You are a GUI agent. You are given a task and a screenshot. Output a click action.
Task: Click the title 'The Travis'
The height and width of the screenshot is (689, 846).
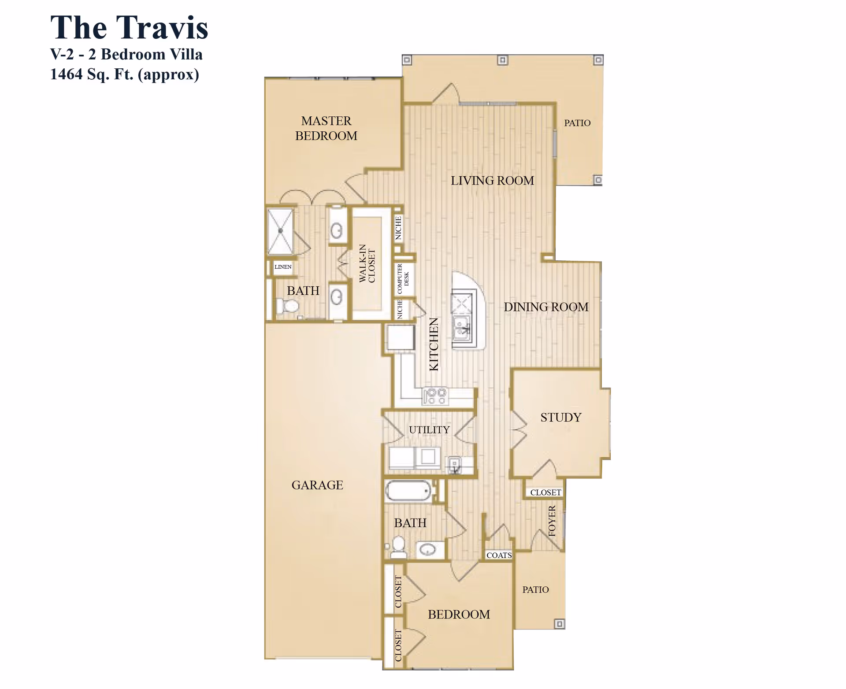click(129, 27)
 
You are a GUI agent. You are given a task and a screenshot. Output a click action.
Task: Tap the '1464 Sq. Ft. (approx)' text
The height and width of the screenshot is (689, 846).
click(124, 74)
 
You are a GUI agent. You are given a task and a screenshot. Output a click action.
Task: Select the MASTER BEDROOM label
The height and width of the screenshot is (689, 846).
click(326, 128)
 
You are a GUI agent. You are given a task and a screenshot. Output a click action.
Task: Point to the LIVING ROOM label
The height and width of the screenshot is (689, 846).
click(492, 181)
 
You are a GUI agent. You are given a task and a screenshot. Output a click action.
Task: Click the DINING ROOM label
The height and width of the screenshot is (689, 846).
click(546, 307)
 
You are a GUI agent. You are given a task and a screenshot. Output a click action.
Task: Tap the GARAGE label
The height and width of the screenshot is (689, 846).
click(317, 485)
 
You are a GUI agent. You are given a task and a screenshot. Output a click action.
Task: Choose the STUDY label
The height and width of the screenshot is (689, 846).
click(561, 417)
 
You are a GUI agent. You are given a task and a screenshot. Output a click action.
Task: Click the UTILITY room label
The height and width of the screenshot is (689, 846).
click(429, 430)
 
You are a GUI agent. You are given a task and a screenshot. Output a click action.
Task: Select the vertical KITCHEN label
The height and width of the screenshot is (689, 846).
click(434, 344)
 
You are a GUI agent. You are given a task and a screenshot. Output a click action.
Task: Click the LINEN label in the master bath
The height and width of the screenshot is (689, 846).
click(283, 267)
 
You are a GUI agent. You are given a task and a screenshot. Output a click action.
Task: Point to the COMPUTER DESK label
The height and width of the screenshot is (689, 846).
click(403, 278)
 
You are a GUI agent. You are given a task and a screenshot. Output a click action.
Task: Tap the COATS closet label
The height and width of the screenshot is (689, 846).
click(499, 555)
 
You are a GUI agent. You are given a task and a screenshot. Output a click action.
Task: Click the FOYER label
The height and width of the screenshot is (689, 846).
click(552, 521)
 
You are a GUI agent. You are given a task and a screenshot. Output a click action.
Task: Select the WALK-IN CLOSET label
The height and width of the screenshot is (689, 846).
click(367, 263)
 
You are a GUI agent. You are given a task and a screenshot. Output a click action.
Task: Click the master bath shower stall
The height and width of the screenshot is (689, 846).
click(280, 231)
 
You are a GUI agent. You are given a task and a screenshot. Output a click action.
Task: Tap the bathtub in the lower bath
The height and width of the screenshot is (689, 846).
click(408, 491)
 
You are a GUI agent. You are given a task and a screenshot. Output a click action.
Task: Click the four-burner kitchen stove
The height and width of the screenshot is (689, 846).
click(435, 396)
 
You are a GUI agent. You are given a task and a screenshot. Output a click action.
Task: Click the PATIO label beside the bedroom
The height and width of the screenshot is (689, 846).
click(535, 589)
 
